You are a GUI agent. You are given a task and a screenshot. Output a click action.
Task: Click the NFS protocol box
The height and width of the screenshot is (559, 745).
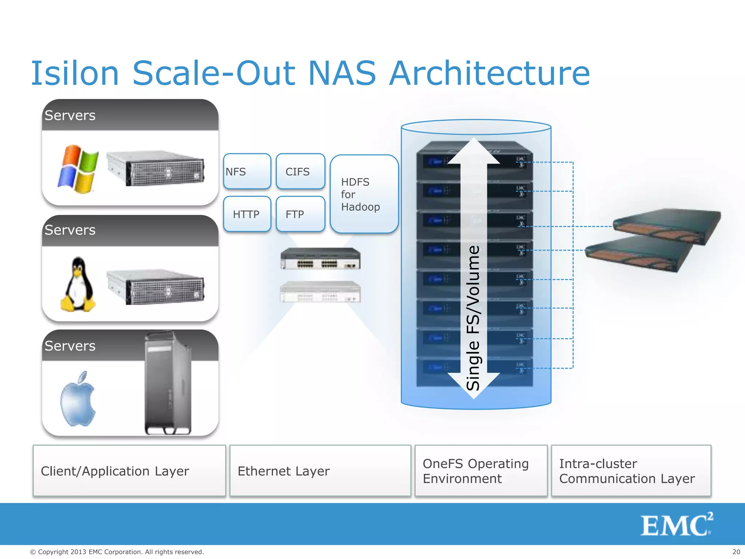coord(247,171)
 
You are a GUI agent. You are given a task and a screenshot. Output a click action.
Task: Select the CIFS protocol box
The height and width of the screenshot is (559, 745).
coord(300,171)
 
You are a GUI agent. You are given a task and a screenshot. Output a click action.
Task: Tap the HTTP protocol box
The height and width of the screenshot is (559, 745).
coord(247,214)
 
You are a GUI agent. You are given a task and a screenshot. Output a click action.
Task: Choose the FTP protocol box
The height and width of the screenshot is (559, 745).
coord(300,214)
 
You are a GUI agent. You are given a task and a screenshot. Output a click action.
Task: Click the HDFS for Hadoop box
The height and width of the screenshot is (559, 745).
coord(364,194)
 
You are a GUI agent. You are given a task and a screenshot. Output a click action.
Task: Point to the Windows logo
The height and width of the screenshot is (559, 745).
coord(78,169)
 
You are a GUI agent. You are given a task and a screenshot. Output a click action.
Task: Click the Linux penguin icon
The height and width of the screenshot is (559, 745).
coord(78,285)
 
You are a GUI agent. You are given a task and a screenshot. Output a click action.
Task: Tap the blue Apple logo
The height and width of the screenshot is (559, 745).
coord(78,399)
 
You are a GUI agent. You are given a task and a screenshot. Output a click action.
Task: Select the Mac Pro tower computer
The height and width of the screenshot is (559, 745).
coord(168,384)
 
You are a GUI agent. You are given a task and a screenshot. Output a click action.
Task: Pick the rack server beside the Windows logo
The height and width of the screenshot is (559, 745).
coord(156,168)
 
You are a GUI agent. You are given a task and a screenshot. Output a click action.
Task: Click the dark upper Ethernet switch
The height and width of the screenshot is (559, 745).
coord(320,259)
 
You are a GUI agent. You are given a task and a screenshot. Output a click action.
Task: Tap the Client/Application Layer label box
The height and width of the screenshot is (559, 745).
coord(129,471)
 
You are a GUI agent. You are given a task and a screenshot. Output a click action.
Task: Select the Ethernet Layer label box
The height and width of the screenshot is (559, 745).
coord(320,471)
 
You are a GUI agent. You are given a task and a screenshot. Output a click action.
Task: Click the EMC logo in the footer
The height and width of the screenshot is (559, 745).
coord(676,524)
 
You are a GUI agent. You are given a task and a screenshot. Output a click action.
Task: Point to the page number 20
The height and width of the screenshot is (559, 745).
coord(736,552)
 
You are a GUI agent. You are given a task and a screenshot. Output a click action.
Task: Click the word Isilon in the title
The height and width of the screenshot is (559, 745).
coord(75,74)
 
